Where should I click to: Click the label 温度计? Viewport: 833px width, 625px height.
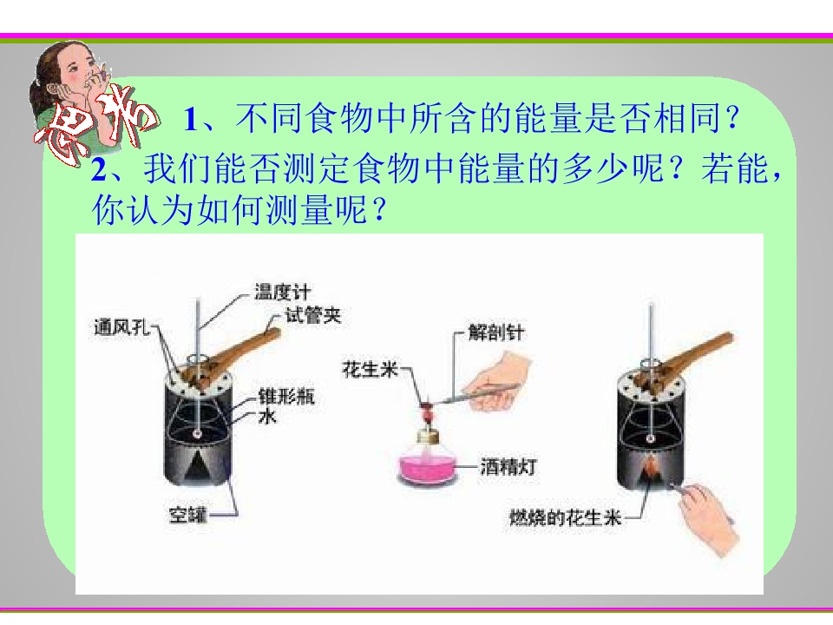[x=283, y=292]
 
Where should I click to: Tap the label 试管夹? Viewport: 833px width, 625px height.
[x=313, y=315]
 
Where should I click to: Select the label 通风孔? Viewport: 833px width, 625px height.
[x=121, y=327]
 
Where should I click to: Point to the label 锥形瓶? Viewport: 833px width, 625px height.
[x=286, y=397]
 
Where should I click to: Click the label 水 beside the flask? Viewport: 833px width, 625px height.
[x=268, y=416]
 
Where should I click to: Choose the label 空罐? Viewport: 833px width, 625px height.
[x=187, y=515]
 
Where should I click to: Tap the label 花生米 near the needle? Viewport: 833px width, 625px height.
[x=371, y=369]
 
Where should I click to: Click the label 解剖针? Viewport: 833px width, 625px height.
[x=496, y=332]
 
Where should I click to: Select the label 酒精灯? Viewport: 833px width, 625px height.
[x=508, y=467]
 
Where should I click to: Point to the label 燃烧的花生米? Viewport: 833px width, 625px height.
[x=565, y=517]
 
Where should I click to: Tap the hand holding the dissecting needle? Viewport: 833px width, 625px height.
[x=500, y=384]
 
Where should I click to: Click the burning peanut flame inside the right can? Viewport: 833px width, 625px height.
[x=650, y=469]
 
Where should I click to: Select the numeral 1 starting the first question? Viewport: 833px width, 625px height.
[x=191, y=119]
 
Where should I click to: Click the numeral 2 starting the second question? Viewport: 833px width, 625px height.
[x=98, y=170]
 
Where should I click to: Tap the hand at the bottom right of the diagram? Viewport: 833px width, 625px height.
[x=706, y=519]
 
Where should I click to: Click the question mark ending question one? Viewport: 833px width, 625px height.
[x=732, y=118]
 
